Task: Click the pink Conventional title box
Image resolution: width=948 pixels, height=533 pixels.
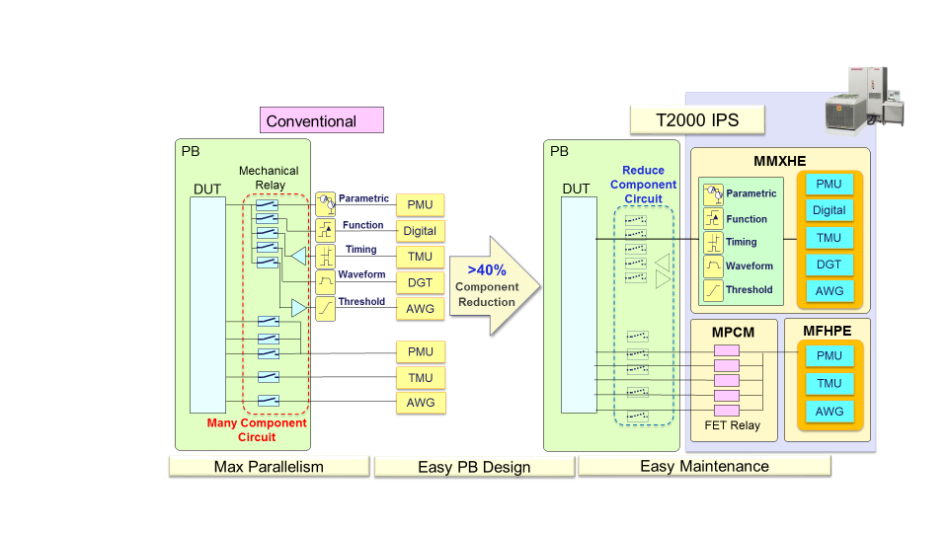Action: click(x=321, y=120)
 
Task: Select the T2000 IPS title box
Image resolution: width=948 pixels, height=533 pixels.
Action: click(x=698, y=120)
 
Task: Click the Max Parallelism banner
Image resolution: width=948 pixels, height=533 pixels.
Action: click(x=269, y=467)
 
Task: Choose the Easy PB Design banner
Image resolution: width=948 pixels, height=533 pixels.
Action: click(x=474, y=467)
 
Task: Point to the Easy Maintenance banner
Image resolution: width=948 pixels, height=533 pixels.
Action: click(x=704, y=466)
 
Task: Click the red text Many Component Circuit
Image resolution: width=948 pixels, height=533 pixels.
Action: click(x=257, y=429)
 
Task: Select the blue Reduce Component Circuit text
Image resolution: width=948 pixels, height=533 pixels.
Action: click(x=643, y=185)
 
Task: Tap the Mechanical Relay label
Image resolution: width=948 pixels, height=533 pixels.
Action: click(x=269, y=178)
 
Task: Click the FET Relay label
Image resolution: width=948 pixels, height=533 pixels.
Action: click(x=732, y=427)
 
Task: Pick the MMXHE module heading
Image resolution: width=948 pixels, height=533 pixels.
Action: click(x=780, y=160)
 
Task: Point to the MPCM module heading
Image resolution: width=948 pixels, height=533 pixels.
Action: click(x=733, y=332)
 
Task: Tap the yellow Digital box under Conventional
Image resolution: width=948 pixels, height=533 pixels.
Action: click(x=420, y=231)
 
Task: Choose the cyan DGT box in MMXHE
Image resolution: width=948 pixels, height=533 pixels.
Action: click(x=829, y=265)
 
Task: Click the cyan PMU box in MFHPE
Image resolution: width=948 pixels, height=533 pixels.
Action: click(x=829, y=355)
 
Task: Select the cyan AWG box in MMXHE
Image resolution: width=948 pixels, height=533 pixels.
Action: click(x=829, y=291)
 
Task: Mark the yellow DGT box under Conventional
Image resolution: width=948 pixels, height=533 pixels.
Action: click(x=420, y=282)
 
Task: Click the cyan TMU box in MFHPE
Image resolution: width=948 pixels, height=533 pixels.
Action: click(x=829, y=383)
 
